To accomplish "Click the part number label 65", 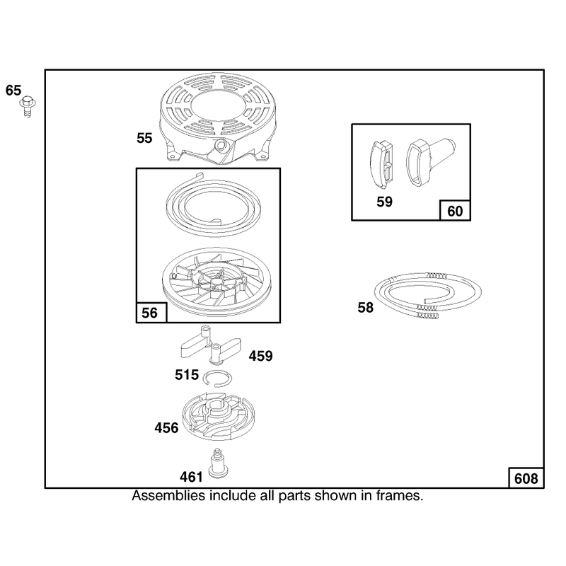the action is pyautogui.click(x=13, y=91).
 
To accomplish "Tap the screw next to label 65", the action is pyautogui.click(x=28, y=107).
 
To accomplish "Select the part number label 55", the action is pyautogui.click(x=144, y=138).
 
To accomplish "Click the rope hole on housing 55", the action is pyautogui.click(x=220, y=145).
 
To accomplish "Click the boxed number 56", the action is pyautogui.click(x=149, y=313).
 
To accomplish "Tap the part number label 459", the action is pyautogui.click(x=260, y=356).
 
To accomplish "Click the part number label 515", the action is pyautogui.click(x=187, y=375).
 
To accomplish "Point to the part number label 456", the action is pyautogui.click(x=166, y=428).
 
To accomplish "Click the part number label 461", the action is pyautogui.click(x=191, y=477).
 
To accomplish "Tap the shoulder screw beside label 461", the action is pyautogui.click(x=219, y=463).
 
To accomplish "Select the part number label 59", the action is pyautogui.click(x=384, y=202).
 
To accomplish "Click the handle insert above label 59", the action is pyautogui.click(x=381, y=164).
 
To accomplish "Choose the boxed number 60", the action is pyautogui.click(x=455, y=211).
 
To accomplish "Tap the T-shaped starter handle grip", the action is pyautogui.click(x=431, y=161).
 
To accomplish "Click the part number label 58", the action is pyautogui.click(x=365, y=308).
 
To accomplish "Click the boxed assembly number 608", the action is pyautogui.click(x=526, y=479).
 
